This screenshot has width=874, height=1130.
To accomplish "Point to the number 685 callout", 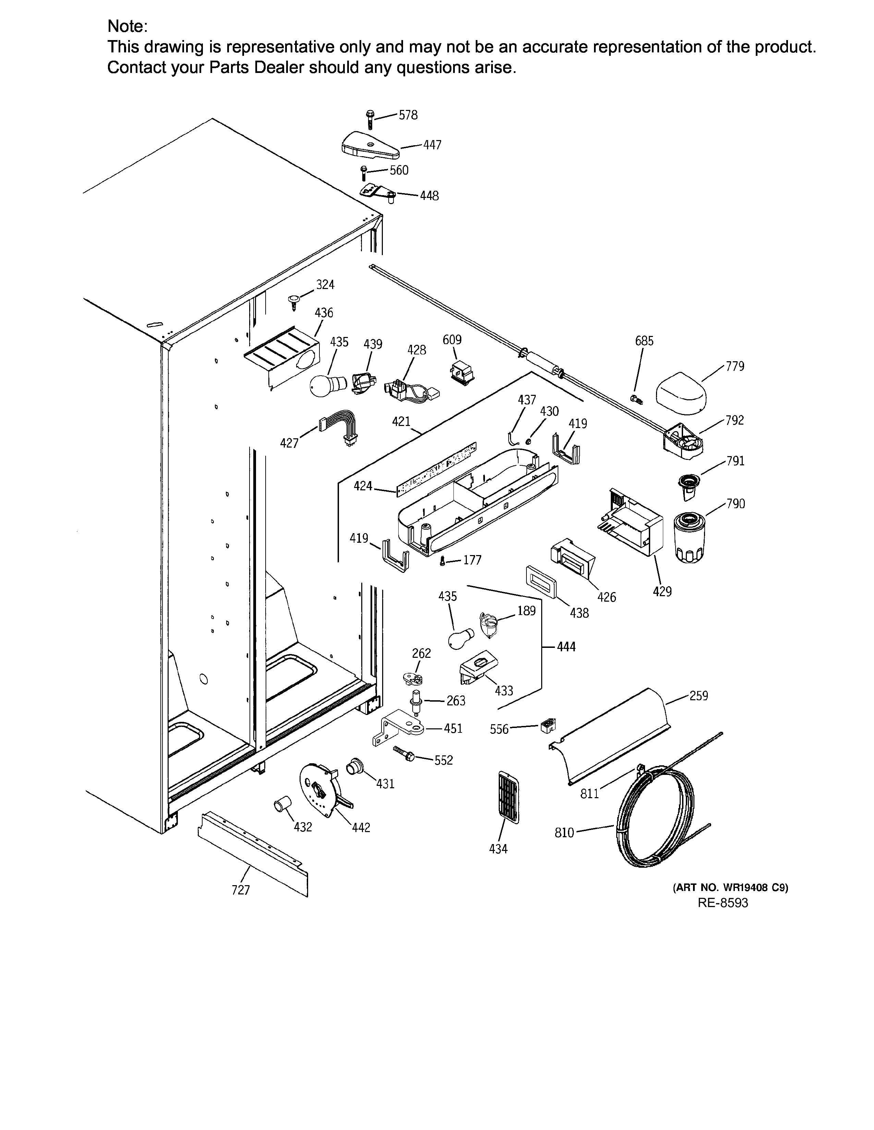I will click(x=644, y=341).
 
